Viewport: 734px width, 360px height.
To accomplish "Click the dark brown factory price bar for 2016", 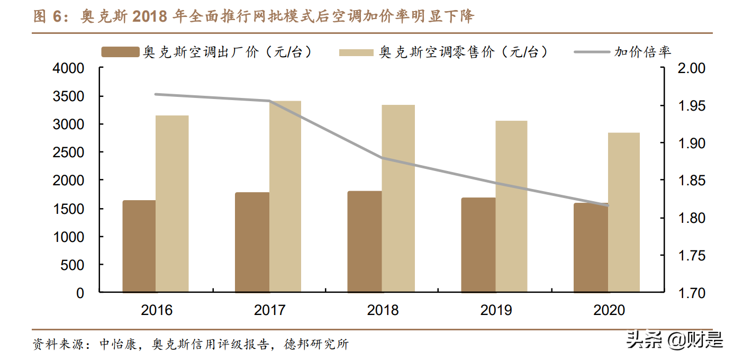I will tap(139, 246).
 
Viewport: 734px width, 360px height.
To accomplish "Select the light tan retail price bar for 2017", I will tap(285, 196).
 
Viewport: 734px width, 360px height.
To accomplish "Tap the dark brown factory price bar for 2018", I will tap(365, 241).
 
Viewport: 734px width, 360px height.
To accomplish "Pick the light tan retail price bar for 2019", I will tap(511, 206).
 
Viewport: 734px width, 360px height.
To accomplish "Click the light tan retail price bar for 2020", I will tap(624, 212).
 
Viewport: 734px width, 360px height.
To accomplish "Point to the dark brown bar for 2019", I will tap(478, 245).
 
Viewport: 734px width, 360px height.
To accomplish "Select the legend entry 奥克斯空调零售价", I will tap(443, 52).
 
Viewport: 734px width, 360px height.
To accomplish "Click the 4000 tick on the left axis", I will tap(69, 68).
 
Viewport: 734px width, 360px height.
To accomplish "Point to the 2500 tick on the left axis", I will tap(69, 152).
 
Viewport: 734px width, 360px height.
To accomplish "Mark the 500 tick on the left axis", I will tap(74, 265).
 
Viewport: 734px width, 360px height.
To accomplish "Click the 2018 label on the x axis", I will tap(383, 310).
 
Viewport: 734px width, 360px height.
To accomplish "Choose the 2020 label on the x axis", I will tap(609, 310).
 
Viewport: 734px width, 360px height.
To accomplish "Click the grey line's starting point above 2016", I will tap(156, 94).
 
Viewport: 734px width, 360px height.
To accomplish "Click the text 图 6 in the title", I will tap(48, 17).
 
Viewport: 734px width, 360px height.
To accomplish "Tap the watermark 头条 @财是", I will tap(674, 340).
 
